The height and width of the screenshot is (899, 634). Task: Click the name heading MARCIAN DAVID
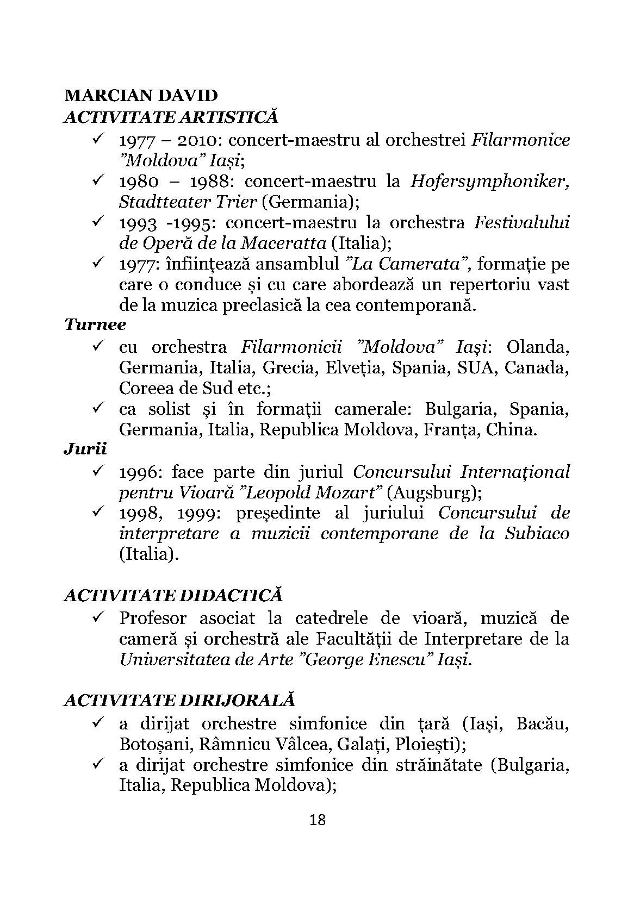pos(141,96)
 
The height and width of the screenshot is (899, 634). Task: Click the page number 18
pos(317,820)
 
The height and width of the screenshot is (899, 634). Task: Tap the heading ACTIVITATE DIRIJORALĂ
pos(179,700)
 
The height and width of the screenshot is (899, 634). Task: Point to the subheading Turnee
pos(95,325)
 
